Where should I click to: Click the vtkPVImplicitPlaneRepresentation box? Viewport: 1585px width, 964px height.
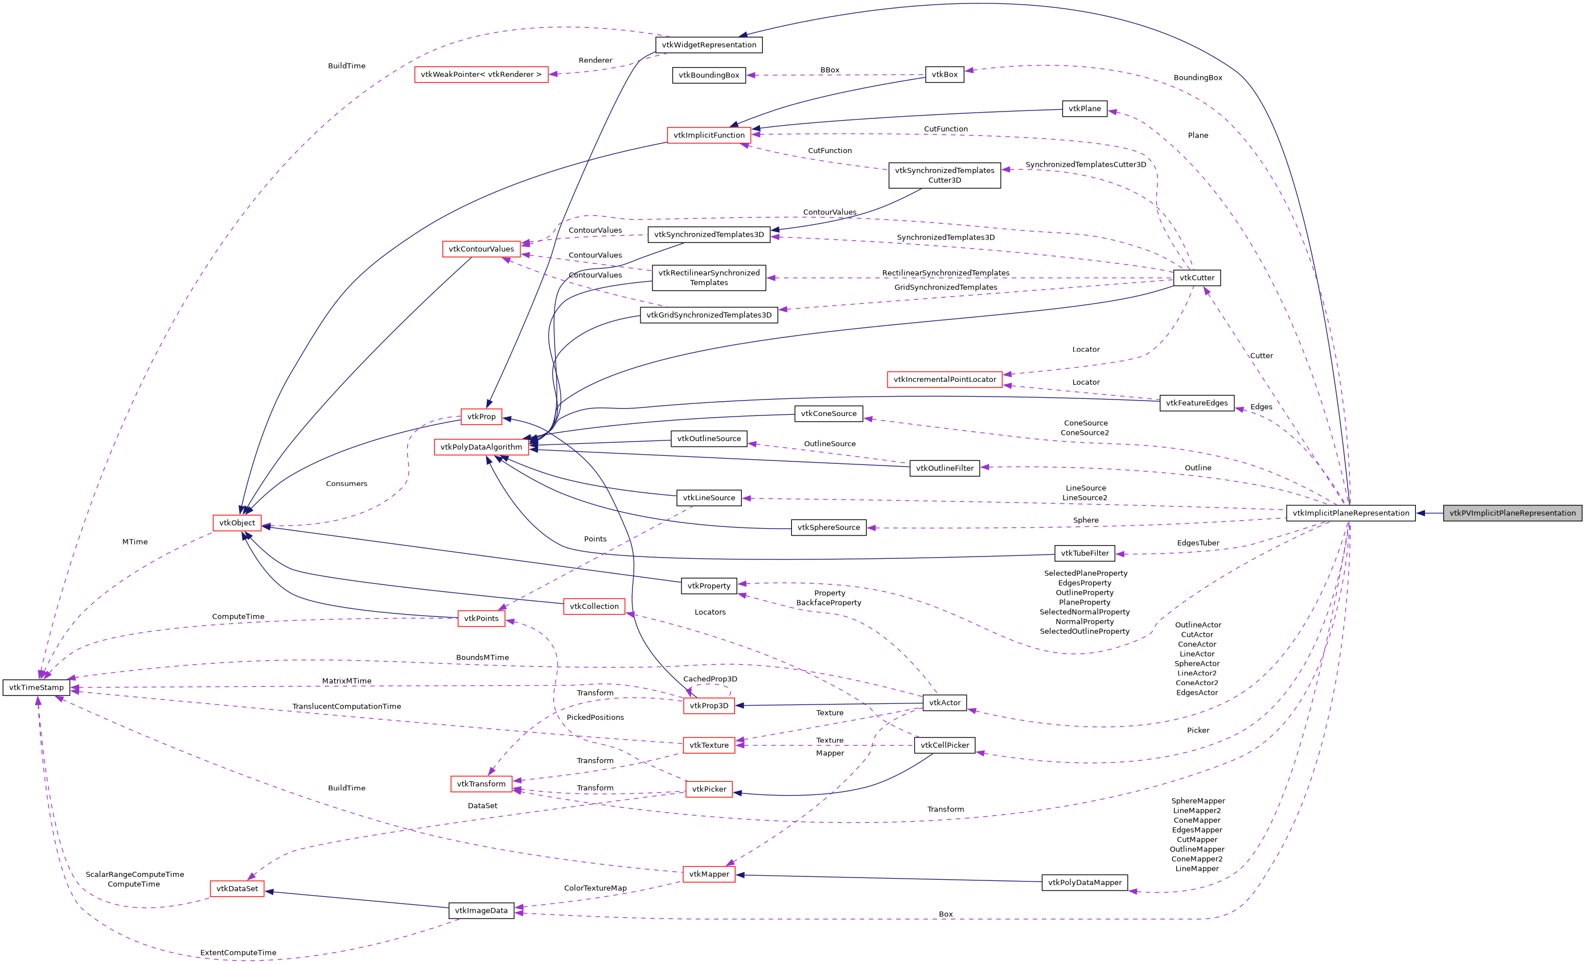(1512, 513)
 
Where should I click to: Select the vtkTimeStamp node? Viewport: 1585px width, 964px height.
(36, 687)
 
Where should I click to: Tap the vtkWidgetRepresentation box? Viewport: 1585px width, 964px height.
(709, 45)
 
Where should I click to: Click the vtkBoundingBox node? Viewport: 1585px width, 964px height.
(709, 75)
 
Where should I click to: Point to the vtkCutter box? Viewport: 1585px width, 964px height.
(1197, 278)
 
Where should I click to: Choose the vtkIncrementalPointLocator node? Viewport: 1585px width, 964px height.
(945, 380)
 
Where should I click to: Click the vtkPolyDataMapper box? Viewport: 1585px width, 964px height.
(1085, 882)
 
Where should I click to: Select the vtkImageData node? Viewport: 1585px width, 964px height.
(481, 911)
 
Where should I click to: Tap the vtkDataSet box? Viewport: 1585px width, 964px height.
(237, 889)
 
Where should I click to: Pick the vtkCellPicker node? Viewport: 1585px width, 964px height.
(945, 745)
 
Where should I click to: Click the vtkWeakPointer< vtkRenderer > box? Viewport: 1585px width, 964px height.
(481, 75)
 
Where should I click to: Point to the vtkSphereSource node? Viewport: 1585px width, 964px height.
(828, 528)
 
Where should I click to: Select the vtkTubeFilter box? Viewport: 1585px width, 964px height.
(1085, 553)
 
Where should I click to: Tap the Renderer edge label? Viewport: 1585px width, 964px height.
(595, 60)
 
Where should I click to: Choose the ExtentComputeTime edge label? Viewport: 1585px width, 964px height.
(238, 953)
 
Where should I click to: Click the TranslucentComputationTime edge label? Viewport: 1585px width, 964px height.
(347, 707)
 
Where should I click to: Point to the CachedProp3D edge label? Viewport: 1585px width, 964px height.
(710, 679)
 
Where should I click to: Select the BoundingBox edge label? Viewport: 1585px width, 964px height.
(1198, 78)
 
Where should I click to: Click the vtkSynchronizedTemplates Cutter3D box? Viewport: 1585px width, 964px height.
(945, 175)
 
